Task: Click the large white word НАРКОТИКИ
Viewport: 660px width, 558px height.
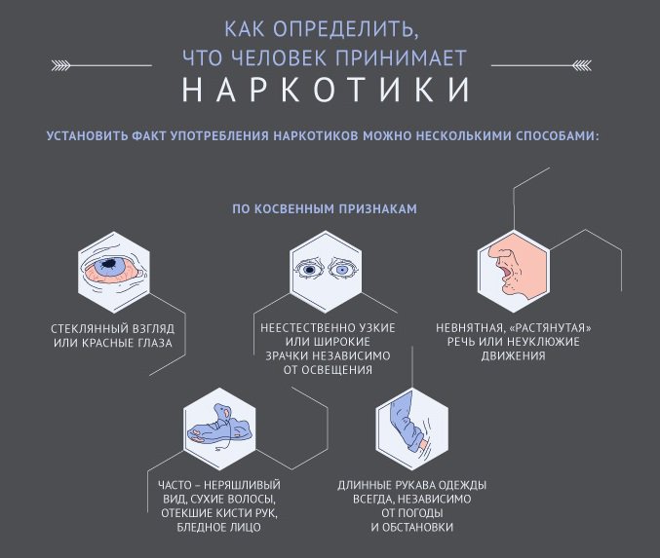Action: pos(326,90)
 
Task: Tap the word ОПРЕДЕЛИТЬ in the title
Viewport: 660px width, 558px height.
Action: pos(345,29)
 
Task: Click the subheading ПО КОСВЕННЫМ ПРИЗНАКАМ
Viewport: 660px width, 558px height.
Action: pos(325,209)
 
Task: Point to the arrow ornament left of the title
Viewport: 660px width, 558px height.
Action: pos(101,65)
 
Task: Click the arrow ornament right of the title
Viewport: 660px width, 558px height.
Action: pos(541,65)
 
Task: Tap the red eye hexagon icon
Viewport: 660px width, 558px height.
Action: pos(114,272)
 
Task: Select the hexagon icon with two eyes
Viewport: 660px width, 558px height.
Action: pos(326,272)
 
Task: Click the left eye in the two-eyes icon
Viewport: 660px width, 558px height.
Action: pos(310,269)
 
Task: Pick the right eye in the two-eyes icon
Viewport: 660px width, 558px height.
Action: pos(342,269)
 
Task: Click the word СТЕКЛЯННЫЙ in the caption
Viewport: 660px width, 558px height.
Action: pos(86,328)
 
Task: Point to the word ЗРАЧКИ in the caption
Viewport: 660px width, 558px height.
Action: pos(285,355)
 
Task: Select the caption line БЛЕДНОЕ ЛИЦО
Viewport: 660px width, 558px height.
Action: pos(219,527)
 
